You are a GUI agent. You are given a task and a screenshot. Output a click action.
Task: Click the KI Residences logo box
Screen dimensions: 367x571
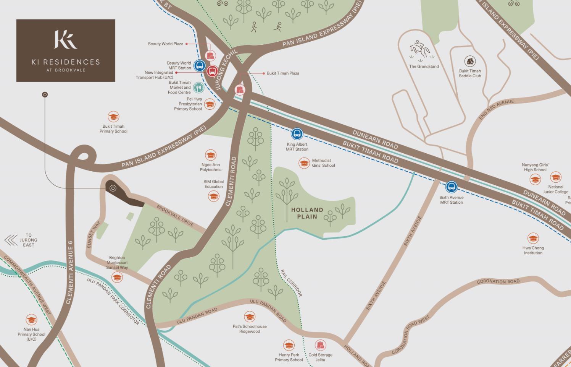tap(66, 50)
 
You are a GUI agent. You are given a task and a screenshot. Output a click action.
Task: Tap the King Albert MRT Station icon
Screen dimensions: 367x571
tap(297, 134)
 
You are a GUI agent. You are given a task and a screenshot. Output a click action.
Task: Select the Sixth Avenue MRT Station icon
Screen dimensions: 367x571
tap(452, 187)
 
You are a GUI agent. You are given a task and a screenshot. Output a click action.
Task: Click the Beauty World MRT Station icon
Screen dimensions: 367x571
tap(199, 65)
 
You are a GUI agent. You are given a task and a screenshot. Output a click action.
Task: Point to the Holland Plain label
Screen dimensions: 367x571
tap(307, 213)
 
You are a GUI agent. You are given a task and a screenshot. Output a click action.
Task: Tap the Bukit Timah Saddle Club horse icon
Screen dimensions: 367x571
tap(470, 61)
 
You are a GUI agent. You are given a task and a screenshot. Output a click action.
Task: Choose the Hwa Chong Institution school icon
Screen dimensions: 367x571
tap(533, 239)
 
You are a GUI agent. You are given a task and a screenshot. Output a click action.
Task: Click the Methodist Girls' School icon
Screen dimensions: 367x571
tap(304, 163)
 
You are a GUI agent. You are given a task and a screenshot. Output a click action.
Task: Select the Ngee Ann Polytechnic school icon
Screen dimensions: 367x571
tap(211, 155)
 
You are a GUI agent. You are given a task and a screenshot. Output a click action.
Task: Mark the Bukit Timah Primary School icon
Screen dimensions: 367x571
tap(113, 117)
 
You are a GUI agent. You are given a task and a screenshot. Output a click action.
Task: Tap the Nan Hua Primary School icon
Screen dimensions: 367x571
tap(31, 320)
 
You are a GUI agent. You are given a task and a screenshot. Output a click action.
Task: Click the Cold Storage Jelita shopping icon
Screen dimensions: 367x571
tap(321, 345)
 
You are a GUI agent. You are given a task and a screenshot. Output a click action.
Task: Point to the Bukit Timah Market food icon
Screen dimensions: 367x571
tap(198, 88)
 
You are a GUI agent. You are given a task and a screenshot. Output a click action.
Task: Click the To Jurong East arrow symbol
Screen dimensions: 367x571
tap(11, 240)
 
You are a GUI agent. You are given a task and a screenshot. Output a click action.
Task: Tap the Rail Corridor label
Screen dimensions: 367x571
tap(292, 283)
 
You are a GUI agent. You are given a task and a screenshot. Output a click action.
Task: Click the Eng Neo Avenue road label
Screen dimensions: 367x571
tap(497, 109)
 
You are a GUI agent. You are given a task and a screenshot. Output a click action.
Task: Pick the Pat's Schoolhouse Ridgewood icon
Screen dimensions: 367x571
tap(250, 317)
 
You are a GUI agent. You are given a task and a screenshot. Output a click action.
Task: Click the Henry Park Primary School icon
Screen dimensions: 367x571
tap(289, 345)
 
